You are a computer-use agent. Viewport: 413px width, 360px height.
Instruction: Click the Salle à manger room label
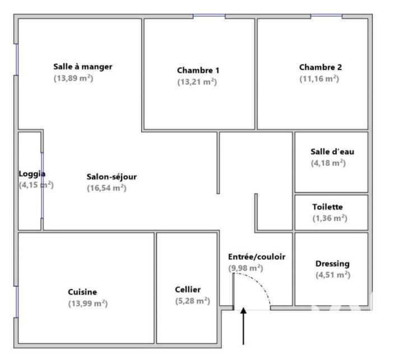pos(82,67)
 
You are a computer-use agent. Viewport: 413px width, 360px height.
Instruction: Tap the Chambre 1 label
pos(198,70)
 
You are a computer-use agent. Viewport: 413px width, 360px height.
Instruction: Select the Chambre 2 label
pos(320,67)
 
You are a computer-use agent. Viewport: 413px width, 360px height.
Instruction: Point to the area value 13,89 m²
pos(73,79)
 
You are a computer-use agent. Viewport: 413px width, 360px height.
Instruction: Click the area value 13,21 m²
pos(197,82)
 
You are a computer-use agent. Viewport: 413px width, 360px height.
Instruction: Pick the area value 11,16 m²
pos(319,79)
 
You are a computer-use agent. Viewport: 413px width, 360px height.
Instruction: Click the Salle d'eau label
pos(332,151)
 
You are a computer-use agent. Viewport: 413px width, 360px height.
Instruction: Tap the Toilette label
pos(327,206)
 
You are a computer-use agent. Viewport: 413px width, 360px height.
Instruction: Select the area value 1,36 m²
pos(330,218)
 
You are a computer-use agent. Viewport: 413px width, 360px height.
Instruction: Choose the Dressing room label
pos(332,264)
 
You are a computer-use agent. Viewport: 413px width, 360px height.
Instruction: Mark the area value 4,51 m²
pos(332,275)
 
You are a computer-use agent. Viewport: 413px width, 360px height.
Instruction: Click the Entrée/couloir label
pos(257,257)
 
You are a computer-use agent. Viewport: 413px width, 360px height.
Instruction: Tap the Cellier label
pos(188,289)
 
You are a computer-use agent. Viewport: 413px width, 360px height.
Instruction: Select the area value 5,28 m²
pos(192,301)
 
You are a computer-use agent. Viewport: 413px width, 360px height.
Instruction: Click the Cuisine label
pos(82,292)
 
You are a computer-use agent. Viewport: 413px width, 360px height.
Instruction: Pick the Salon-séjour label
pos(112,177)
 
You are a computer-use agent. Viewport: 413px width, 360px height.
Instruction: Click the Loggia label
pos(32,174)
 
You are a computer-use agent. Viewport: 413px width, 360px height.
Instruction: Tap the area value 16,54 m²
pos(106,188)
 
